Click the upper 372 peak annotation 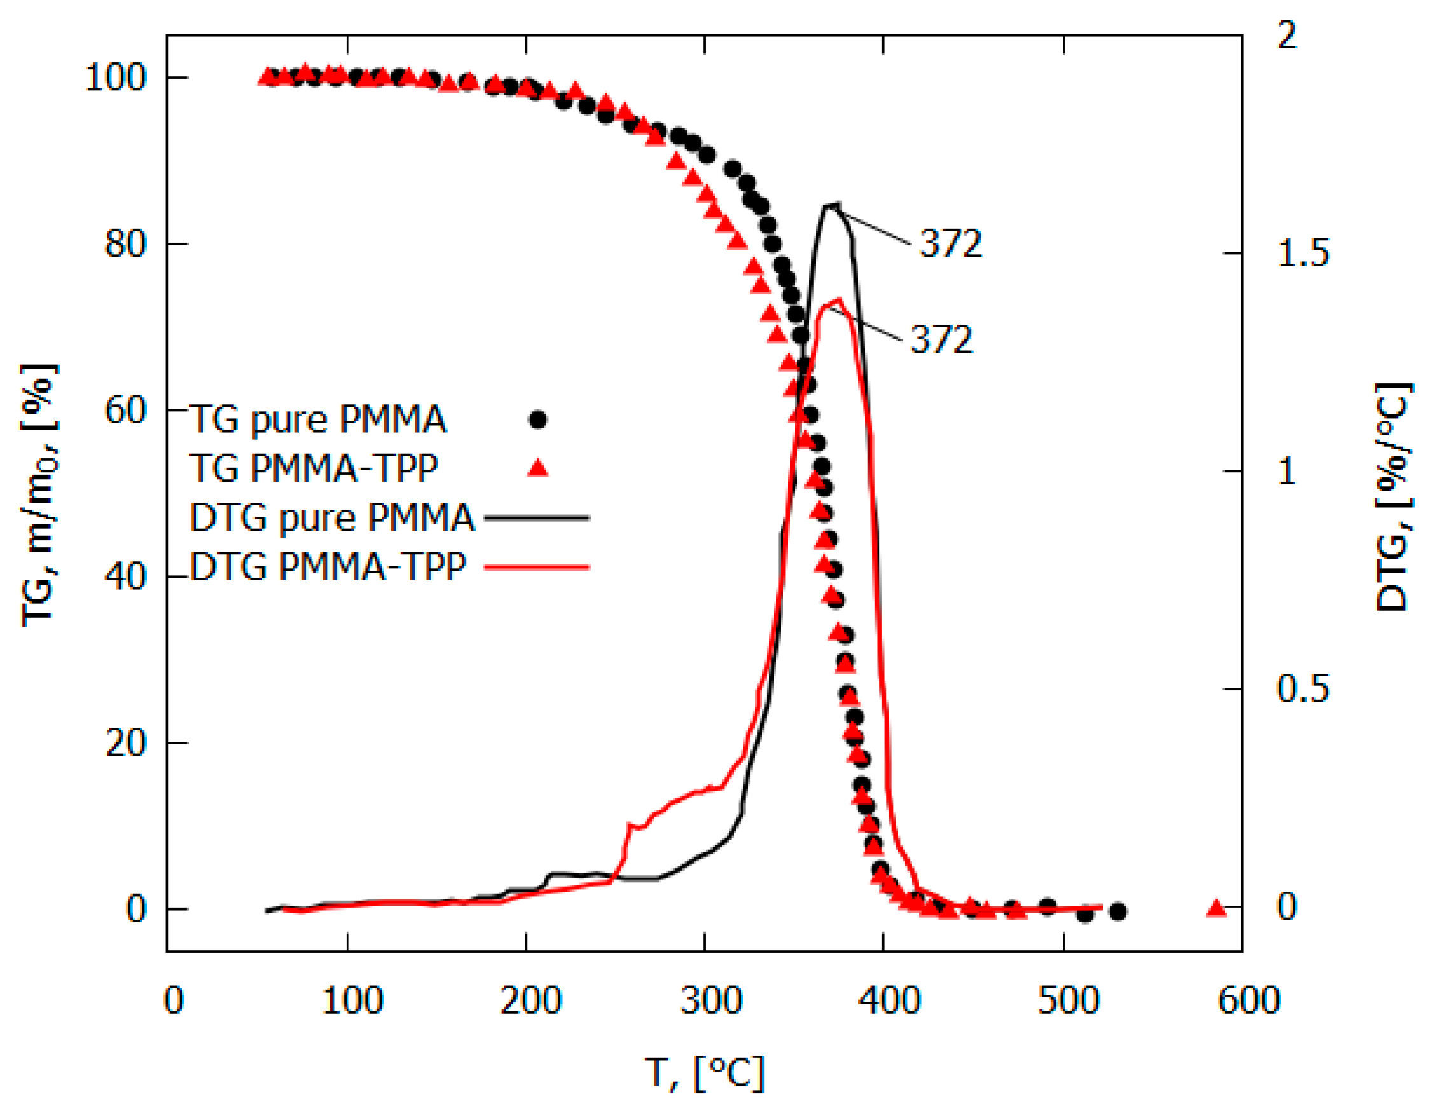(x=951, y=243)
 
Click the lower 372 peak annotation (x=942, y=339)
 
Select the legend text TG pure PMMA (x=318, y=419)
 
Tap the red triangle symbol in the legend (x=538, y=467)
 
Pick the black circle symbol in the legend (x=538, y=419)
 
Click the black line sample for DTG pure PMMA (x=536, y=517)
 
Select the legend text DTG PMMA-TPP (x=328, y=566)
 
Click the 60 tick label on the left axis (x=125, y=411)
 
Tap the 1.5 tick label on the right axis (x=1302, y=252)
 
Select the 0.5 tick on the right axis (x=1302, y=688)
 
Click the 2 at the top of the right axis (x=1287, y=36)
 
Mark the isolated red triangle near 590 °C (x=1216, y=907)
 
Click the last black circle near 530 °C (x=1118, y=911)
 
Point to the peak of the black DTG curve (x=830, y=208)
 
